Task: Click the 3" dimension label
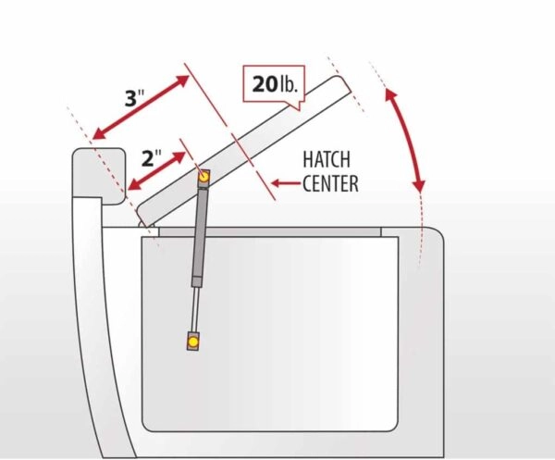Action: click(x=135, y=97)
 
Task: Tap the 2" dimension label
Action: click(x=151, y=157)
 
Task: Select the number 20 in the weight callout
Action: click(x=265, y=84)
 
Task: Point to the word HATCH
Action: click(x=327, y=159)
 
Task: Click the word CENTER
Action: click(x=330, y=183)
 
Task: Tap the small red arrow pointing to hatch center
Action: click(x=286, y=183)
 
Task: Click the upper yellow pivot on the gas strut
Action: click(x=203, y=177)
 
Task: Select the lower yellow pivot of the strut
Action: click(x=193, y=342)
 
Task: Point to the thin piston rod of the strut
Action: click(x=194, y=309)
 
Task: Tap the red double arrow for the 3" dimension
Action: click(x=141, y=107)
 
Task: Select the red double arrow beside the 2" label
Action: click(x=156, y=170)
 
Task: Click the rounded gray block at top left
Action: click(x=99, y=175)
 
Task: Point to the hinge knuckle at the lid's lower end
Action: click(x=142, y=224)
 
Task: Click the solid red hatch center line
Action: click(x=229, y=131)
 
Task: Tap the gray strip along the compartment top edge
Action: click(x=270, y=232)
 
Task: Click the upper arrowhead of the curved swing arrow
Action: click(x=390, y=94)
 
